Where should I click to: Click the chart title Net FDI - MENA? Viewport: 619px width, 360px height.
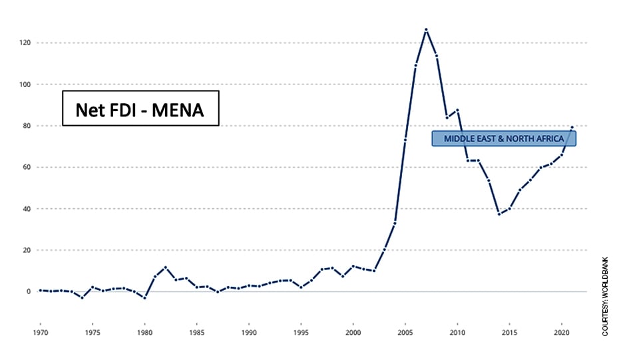pos(140,108)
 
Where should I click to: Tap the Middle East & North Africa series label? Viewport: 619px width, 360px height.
pos(504,138)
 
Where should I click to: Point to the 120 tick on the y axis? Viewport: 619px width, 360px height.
pos(25,43)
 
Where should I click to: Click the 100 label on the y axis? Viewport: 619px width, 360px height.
pos(25,85)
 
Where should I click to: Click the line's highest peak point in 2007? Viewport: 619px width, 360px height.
pos(426,29)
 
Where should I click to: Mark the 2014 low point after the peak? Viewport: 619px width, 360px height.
pos(499,214)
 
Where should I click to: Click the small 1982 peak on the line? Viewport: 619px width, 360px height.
pos(165,268)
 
